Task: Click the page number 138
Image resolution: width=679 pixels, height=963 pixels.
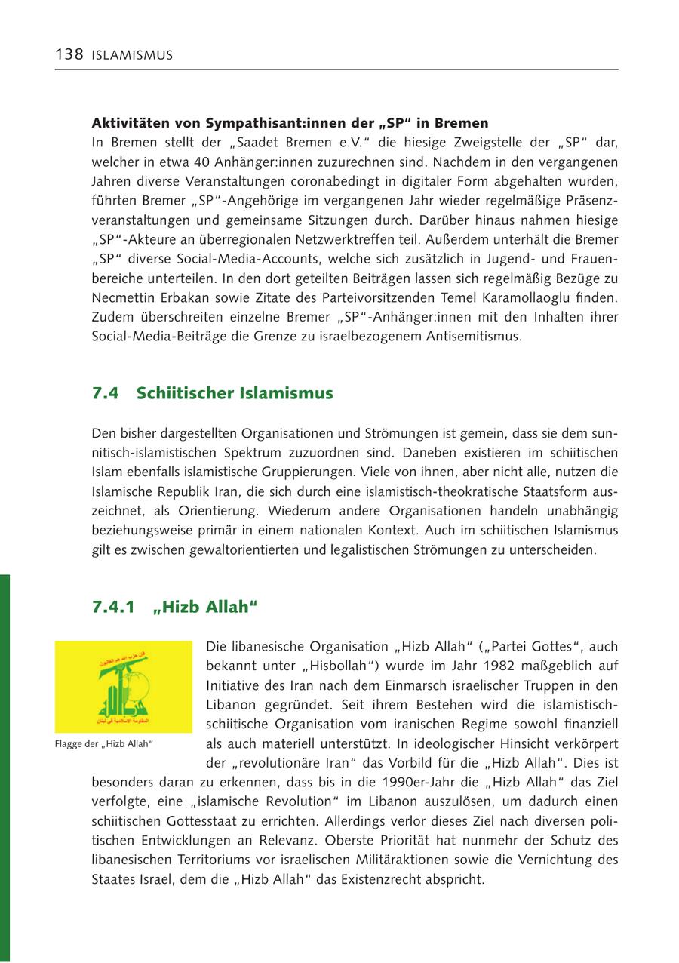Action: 69,54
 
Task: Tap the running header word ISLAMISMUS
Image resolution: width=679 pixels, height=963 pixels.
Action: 132,55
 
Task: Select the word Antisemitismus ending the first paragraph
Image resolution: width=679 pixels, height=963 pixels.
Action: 473,336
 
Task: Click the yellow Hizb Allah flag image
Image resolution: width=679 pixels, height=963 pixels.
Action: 124,687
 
